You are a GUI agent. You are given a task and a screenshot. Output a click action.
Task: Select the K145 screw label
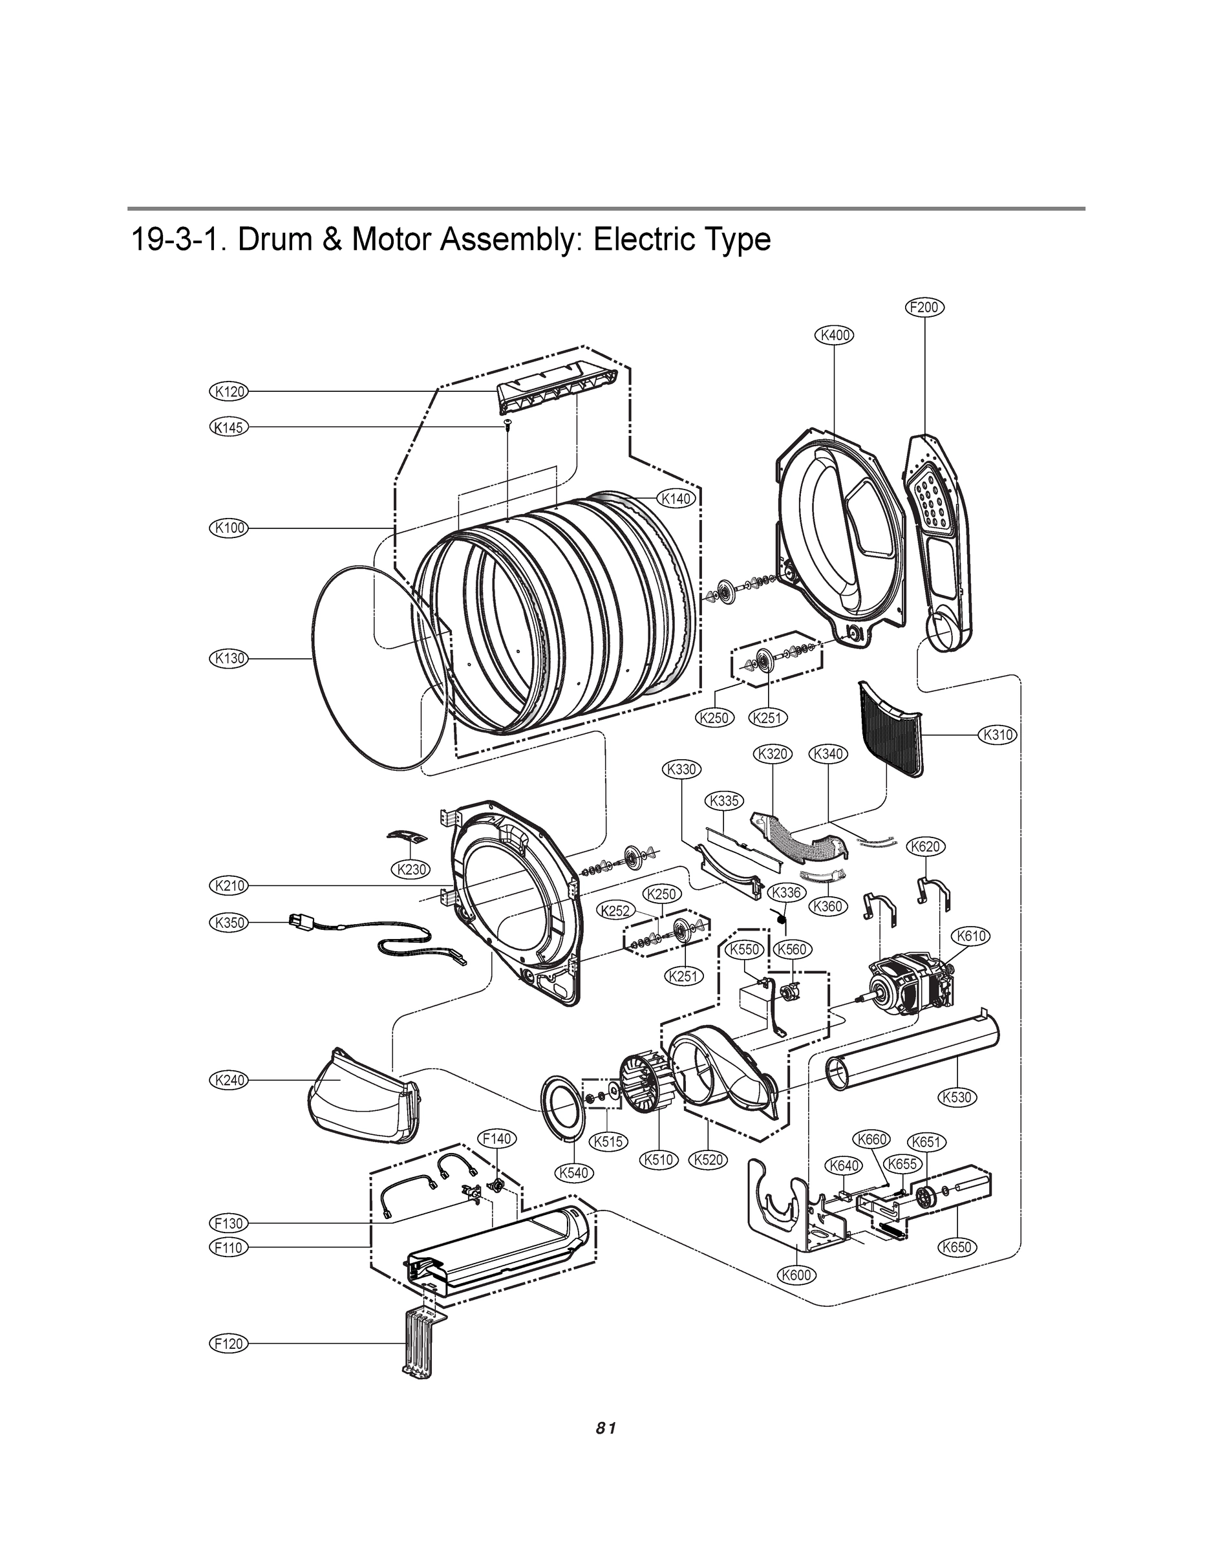tap(229, 427)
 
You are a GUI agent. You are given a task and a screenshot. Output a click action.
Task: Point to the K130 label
tap(229, 658)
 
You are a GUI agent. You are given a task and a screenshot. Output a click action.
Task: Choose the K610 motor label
tap(971, 936)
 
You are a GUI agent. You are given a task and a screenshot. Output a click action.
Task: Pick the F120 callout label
tap(229, 1344)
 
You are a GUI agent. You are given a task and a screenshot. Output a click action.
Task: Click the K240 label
tap(229, 1080)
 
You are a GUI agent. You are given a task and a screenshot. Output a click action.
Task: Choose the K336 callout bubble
tap(786, 892)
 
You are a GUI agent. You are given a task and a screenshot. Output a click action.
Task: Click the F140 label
tap(496, 1139)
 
